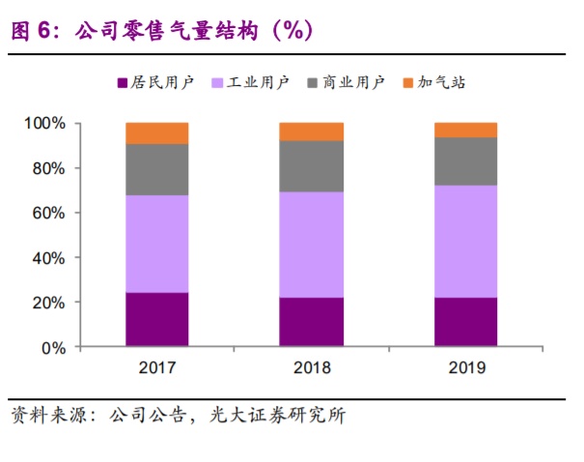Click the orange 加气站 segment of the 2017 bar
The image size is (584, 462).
156,133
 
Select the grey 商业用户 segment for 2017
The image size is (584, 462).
156,170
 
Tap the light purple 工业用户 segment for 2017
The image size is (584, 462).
156,244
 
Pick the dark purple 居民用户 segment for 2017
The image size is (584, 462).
156,319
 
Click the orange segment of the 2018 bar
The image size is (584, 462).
311,131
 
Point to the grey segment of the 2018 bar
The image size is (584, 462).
311,166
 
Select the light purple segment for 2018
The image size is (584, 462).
311,245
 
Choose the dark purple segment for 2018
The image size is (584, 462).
311,321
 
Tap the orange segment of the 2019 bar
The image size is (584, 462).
465,130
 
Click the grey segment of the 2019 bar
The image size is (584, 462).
465,161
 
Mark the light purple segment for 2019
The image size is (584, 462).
465,242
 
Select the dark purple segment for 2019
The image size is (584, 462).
465,321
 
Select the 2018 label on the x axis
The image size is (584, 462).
311,368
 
